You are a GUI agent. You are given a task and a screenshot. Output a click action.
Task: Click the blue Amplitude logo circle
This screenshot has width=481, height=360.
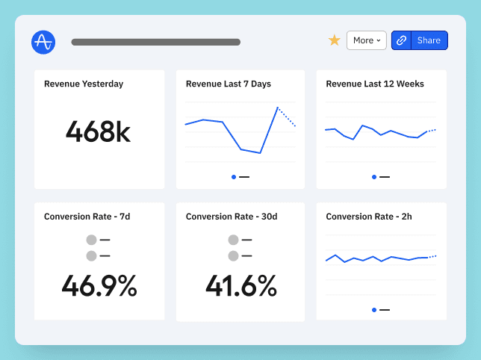pyautogui.click(x=43, y=42)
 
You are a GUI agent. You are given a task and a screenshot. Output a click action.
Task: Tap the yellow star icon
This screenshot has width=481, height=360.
pyautogui.click(x=335, y=40)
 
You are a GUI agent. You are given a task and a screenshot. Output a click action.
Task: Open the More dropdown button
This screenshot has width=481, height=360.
pyautogui.click(x=366, y=40)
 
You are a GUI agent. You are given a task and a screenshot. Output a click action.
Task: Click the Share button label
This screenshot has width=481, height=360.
pyautogui.click(x=429, y=40)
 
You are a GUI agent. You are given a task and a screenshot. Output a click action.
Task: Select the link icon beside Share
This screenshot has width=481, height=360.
pyautogui.click(x=402, y=40)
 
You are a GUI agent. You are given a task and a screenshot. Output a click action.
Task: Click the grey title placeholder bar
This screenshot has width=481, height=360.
pyautogui.click(x=155, y=42)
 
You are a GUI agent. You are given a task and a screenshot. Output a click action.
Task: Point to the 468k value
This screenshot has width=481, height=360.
pyautogui.click(x=98, y=132)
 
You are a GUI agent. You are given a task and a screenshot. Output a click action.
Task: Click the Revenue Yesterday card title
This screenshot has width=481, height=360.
pyautogui.click(x=84, y=84)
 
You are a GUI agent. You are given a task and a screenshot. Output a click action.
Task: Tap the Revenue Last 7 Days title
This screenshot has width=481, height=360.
pyautogui.click(x=229, y=84)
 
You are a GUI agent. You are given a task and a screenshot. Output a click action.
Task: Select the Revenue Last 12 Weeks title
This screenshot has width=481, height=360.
pyautogui.click(x=376, y=84)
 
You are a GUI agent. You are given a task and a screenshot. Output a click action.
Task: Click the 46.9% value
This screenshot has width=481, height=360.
pyautogui.click(x=99, y=286)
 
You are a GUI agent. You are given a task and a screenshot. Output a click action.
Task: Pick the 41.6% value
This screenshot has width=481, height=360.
pyautogui.click(x=241, y=286)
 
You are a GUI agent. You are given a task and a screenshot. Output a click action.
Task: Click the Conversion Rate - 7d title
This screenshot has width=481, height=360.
pyautogui.click(x=87, y=217)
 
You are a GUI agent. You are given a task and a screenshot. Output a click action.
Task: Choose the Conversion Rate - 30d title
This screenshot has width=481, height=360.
pyautogui.click(x=232, y=217)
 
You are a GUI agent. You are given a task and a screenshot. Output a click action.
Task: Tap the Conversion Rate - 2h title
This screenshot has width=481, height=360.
pyautogui.click(x=369, y=217)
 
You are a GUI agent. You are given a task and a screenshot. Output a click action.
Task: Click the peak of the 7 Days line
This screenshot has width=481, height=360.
pyautogui.click(x=278, y=108)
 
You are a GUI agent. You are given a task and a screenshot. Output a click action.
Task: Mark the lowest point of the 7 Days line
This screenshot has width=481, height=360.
pyautogui.click(x=260, y=153)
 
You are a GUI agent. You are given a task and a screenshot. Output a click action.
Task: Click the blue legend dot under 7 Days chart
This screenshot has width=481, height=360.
pyautogui.click(x=234, y=177)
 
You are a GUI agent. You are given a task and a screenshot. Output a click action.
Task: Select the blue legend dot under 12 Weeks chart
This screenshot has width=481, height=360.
pyautogui.click(x=374, y=177)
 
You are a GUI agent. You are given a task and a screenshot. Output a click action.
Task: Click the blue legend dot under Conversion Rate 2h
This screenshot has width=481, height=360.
pyautogui.click(x=374, y=309)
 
